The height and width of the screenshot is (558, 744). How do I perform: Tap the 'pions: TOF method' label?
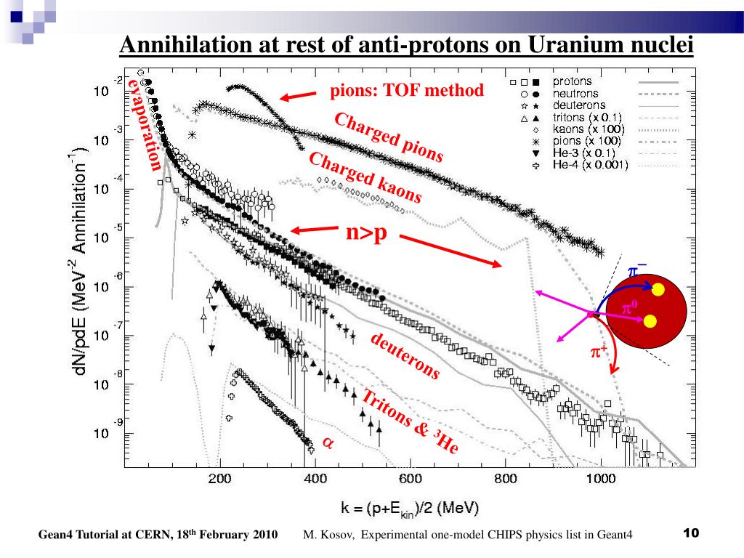(x=407, y=91)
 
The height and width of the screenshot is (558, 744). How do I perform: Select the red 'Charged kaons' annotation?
(x=365, y=178)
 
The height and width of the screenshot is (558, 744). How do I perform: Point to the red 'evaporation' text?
(x=145, y=124)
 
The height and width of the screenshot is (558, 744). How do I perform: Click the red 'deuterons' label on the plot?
(x=405, y=356)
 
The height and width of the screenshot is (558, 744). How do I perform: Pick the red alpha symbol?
(x=327, y=442)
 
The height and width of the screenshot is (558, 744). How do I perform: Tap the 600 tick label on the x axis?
(x=411, y=479)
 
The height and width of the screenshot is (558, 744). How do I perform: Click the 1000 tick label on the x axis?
(x=600, y=479)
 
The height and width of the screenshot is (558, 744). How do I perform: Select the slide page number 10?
(x=690, y=534)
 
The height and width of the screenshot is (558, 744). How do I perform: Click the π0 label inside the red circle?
(x=629, y=309)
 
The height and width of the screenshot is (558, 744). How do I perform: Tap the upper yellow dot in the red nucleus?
(x=658, y=290)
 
